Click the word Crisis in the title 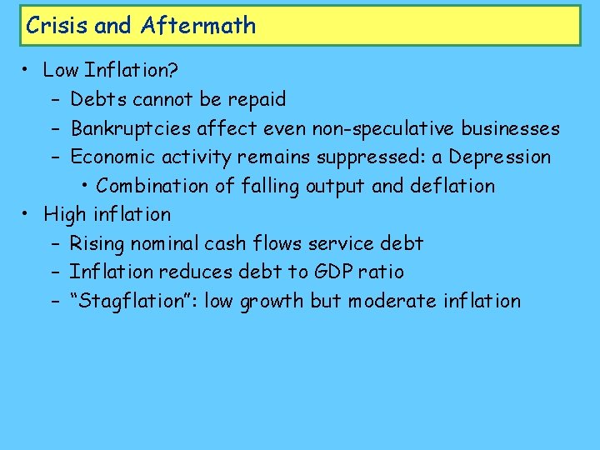pos(57,26)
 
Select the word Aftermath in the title pos(198,26)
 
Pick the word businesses pos(510,128)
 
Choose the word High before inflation pos(65,214)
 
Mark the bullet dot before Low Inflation pos(28,72)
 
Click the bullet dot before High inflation pos(28,215)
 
